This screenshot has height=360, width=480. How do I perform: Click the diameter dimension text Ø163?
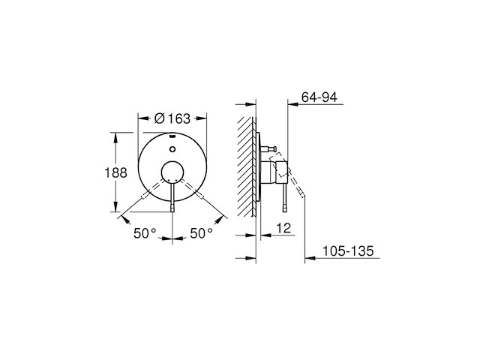pos(171,118)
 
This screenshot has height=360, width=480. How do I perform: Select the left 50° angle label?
pos(145,233)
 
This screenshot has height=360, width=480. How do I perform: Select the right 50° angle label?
pos(201,233)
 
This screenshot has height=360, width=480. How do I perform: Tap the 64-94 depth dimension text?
pos(320,96)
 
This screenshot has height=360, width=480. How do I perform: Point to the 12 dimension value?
pos(282,227)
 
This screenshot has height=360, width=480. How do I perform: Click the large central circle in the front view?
pos(173,172)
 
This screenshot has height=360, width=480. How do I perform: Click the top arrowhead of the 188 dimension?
pos(115,135)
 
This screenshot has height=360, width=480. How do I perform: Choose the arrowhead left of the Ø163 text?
pos(143,118)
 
